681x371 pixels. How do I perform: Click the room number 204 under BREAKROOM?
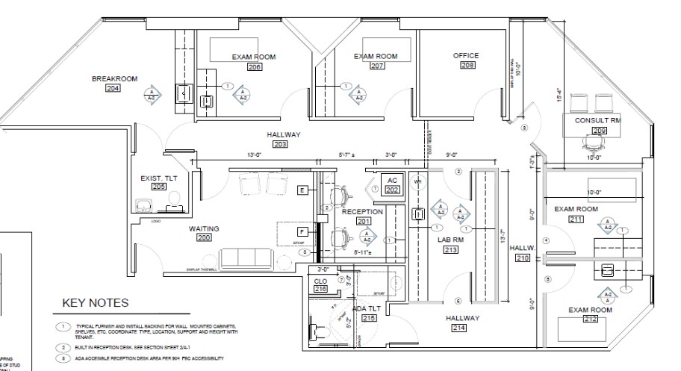(113, 89)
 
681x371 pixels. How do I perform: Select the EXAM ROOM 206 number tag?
(255, 67)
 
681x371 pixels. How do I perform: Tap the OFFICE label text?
(465, 56)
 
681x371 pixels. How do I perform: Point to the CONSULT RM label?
(597, 120)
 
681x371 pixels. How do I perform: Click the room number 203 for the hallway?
(280, 144)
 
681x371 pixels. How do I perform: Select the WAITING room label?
(204, 228)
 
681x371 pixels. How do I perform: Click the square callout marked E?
(302, 190)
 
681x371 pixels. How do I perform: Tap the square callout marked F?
(302, 232)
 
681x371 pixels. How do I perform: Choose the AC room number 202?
(392, 190)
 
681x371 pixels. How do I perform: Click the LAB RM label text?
(450, 240)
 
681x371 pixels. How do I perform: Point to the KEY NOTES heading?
(95, 303)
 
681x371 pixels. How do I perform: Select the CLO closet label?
(320, 281)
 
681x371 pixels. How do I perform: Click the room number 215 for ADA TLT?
(369, 317)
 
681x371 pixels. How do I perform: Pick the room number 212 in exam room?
(590, 319)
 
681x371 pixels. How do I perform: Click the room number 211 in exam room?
(576, 219)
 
